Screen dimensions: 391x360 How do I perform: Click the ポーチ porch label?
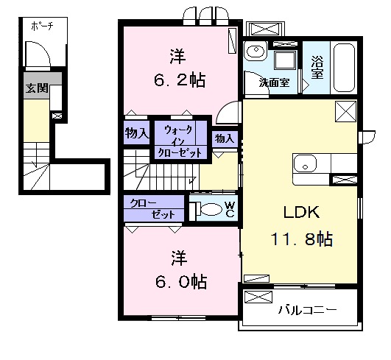tap(43, 26)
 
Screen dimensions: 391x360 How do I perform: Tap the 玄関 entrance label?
tap(37, 88)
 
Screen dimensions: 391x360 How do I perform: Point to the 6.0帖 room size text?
tap(181, 282)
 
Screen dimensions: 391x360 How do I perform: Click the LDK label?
tap(301, 213)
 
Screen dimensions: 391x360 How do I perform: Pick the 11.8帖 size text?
tap(302, 239)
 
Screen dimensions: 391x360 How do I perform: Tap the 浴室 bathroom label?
tap(317, 67)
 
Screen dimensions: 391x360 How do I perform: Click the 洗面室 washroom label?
tap(274, 82)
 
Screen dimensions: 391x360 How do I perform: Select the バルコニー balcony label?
tap(308, 310)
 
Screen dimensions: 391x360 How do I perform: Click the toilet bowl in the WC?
tap(211, 208)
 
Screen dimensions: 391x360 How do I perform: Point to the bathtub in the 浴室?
tap(344, 68)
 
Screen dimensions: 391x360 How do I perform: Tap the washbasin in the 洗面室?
tap(256, 51)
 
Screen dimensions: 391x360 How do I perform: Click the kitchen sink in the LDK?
tap(305, 163)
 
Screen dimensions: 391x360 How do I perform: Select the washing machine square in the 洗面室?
tap(286, 60)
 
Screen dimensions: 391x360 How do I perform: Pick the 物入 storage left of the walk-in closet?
tap(137, 133)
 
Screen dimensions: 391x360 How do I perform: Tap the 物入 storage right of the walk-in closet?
tap(224, 138)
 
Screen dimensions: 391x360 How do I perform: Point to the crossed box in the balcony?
tap(258, 297)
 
